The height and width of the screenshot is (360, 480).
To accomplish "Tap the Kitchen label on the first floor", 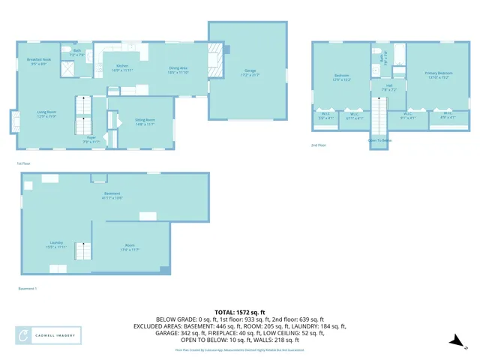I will [x=122, y=69].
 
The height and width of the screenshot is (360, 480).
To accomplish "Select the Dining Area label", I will [x=178, y=69].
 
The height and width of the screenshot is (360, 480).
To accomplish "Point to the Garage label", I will [x=247, y=73].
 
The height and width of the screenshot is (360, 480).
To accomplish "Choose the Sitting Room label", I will [x=145, y=121].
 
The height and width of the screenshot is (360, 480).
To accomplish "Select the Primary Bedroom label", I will [x=436, y=74].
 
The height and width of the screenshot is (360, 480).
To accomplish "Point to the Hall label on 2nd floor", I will [x=389, y=86].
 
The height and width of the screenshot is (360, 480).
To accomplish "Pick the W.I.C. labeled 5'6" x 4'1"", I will [x=325, y=116].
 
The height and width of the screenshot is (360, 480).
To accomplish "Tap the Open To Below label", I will [x=380, y=140].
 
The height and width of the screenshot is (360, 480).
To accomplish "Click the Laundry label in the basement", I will [x=55, y=244].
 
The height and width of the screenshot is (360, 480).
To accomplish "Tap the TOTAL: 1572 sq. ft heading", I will [x=240, y=312].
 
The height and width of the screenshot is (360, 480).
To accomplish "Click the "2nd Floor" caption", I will [x=319, y=145].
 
